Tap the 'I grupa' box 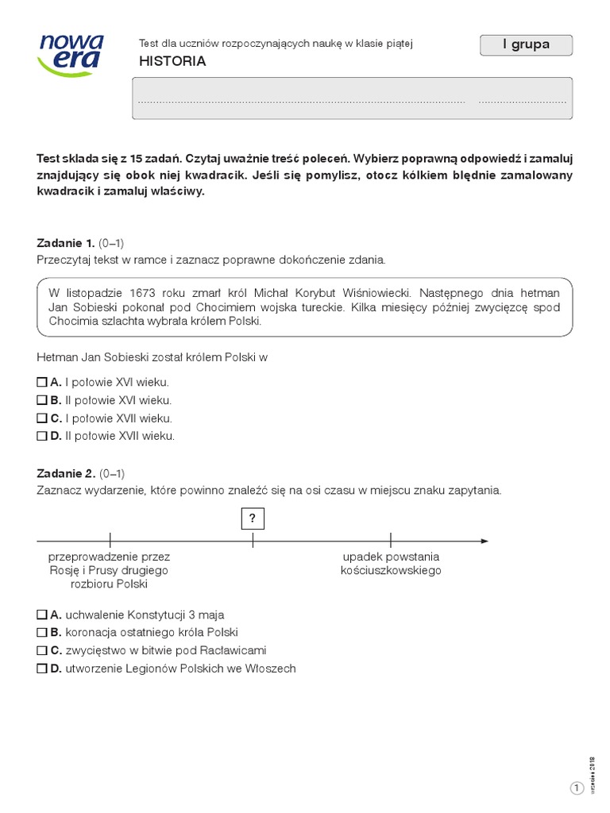tap(526, 45)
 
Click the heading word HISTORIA tap(172, 61)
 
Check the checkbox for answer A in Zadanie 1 tap(42, 382)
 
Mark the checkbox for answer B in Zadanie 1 tap(42, 400)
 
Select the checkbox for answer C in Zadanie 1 tap(42, 418)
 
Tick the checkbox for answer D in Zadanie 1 tap(42, 436)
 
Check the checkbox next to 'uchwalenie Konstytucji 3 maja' tap(42, 615)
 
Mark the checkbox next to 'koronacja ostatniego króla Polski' tap(42, 633)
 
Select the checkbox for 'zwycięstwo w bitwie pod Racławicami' tap(42, 650)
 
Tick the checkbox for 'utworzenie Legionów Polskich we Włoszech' tap(42, 669)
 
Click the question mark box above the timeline tap(253, 518)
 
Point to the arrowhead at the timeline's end tap(484, 541)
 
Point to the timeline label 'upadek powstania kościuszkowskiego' tap(391, 563)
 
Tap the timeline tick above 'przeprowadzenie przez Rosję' tap(110, 541)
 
